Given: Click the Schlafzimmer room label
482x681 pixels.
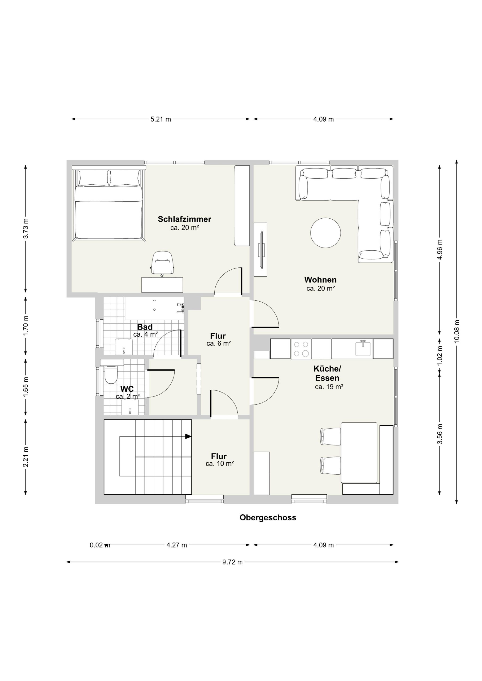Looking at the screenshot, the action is coord(185,219).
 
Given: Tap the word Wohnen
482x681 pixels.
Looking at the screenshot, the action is coord(321,280).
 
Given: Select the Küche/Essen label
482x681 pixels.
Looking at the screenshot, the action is coord(327,374).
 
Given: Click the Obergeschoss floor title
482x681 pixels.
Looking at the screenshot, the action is coord(268,518).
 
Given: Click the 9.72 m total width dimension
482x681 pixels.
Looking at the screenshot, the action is coord(233,562).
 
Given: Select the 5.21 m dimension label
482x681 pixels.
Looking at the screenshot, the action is coord(161,119).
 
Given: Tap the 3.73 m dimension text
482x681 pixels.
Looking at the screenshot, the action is coord(26,228).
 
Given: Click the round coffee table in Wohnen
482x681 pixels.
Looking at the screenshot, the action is coord(325,233).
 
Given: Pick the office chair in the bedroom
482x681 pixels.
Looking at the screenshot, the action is coord(162,263).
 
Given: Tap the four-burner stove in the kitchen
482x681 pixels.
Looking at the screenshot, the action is coord(301,349).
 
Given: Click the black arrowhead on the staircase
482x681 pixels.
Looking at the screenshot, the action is coord(188,436).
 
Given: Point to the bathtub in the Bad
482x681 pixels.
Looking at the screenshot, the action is coord(154,308).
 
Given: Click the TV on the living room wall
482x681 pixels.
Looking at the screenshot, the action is coord(261,249).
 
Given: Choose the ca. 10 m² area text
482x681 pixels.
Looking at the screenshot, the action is coord(220,464).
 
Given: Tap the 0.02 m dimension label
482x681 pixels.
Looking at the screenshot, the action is coord(100,545).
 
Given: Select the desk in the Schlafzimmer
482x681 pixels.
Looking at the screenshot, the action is coord(162,285).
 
